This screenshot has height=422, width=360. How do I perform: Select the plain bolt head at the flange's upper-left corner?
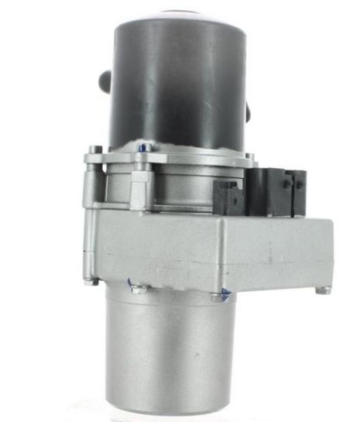94,149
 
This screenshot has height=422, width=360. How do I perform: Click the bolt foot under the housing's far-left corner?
91,281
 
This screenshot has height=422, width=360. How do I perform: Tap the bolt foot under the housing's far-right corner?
320,290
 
